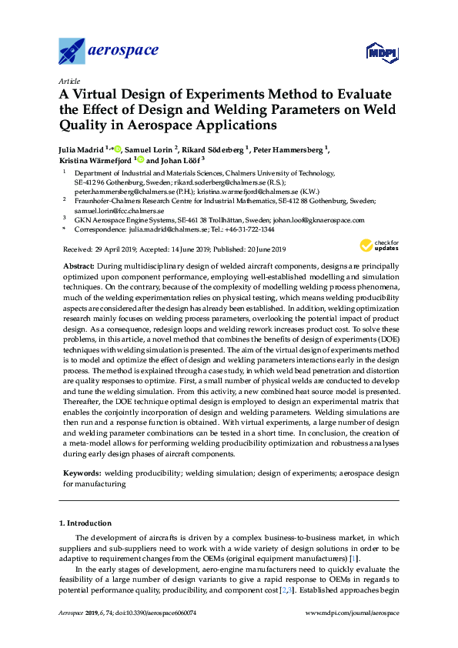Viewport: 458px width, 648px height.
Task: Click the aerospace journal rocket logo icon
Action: tap(72, 52)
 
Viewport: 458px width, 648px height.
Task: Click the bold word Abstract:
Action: tap(79, 264)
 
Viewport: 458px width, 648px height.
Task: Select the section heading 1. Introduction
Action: tap(85, 523)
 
